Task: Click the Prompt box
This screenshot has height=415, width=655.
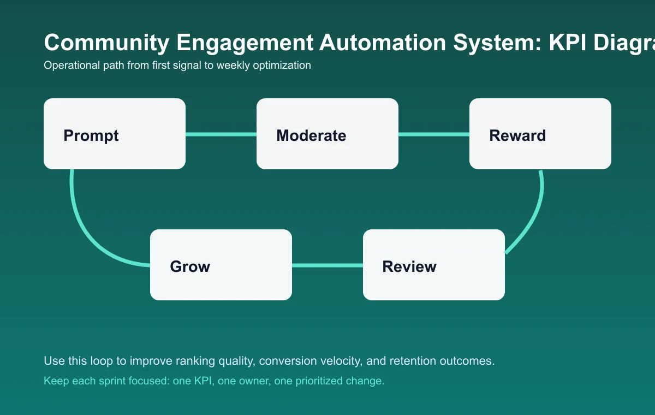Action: pos(115,134)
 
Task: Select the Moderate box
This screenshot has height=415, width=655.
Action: pos(327,134)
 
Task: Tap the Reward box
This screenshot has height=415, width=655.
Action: pos(540,134)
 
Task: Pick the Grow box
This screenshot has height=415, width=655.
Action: pos(221,265)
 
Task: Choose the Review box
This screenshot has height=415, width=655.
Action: pos(434,265)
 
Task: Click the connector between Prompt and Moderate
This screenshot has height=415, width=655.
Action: pos(221,134)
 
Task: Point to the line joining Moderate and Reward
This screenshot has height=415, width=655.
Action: pos(434,134)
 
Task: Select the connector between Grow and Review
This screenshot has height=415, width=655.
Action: pos(327,265)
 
